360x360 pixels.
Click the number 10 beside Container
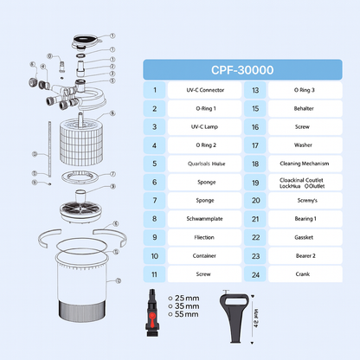(154, 255)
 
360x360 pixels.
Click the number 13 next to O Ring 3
(257, 90)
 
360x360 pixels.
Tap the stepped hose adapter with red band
(153, 311)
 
